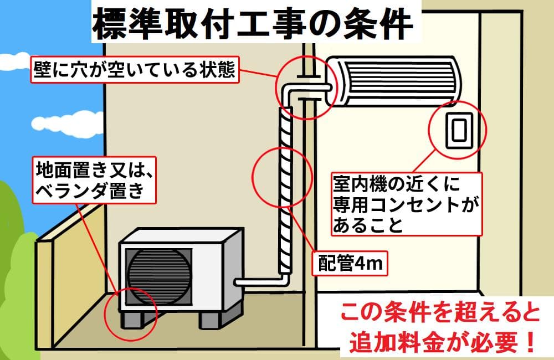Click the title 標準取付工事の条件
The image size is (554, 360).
(252, 23)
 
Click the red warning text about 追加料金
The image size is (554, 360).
(438, 329)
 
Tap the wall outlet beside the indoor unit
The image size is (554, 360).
(458, 130)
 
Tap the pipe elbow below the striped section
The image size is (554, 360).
(284, 275)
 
